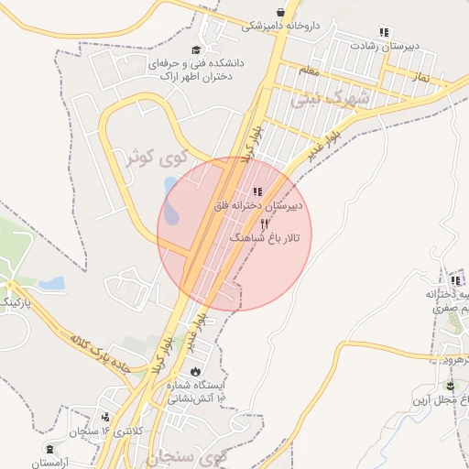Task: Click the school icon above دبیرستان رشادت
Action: (x=383, y=32)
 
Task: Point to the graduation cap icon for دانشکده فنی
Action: (x=194, y=49)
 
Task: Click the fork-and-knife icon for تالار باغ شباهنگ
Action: (x=265, y=224)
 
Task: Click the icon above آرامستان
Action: (x=49, y=449)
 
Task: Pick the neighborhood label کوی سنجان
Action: (x=191, y=453)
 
